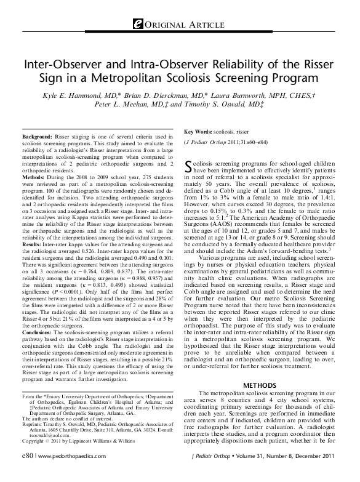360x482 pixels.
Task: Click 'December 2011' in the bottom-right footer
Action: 319,472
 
